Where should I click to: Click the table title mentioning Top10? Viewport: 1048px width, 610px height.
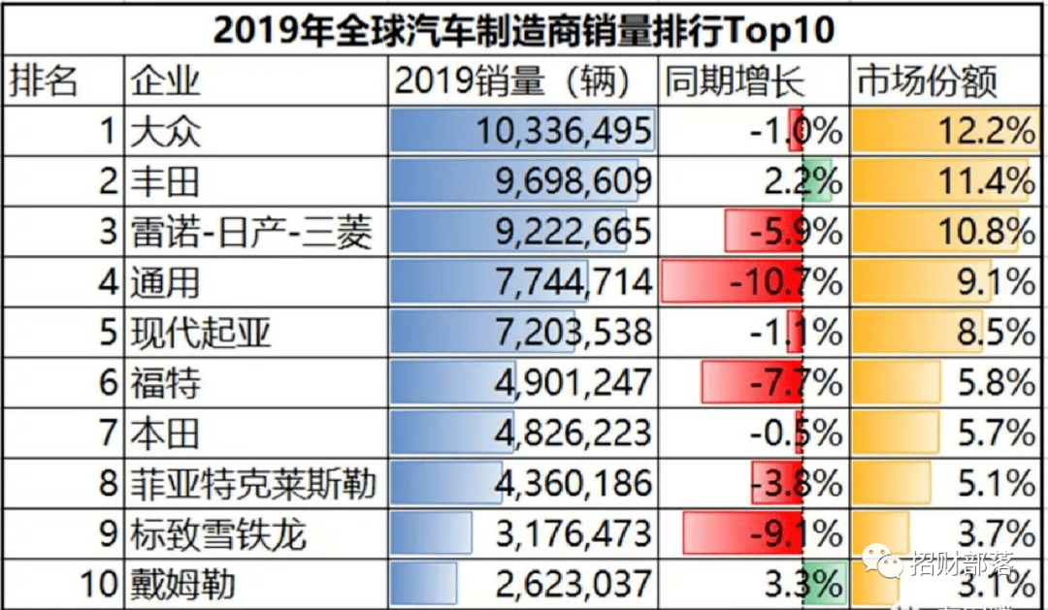[x=523, y=29]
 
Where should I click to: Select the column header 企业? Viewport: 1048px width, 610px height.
[x=166, y=80]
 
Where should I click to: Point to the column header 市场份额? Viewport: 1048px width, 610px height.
[x=926, y=80]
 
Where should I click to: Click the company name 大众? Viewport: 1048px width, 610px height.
[x=166, y=131]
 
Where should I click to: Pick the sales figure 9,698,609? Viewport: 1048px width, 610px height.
[x=563, y=181]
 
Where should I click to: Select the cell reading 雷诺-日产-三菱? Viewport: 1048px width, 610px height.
[x=251, y=232]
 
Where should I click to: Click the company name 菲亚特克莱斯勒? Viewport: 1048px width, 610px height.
[x=252, y=484]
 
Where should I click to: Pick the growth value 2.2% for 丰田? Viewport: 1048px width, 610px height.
[x=804, y=181]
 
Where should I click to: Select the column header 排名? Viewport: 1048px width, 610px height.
[x=44, y=80]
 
